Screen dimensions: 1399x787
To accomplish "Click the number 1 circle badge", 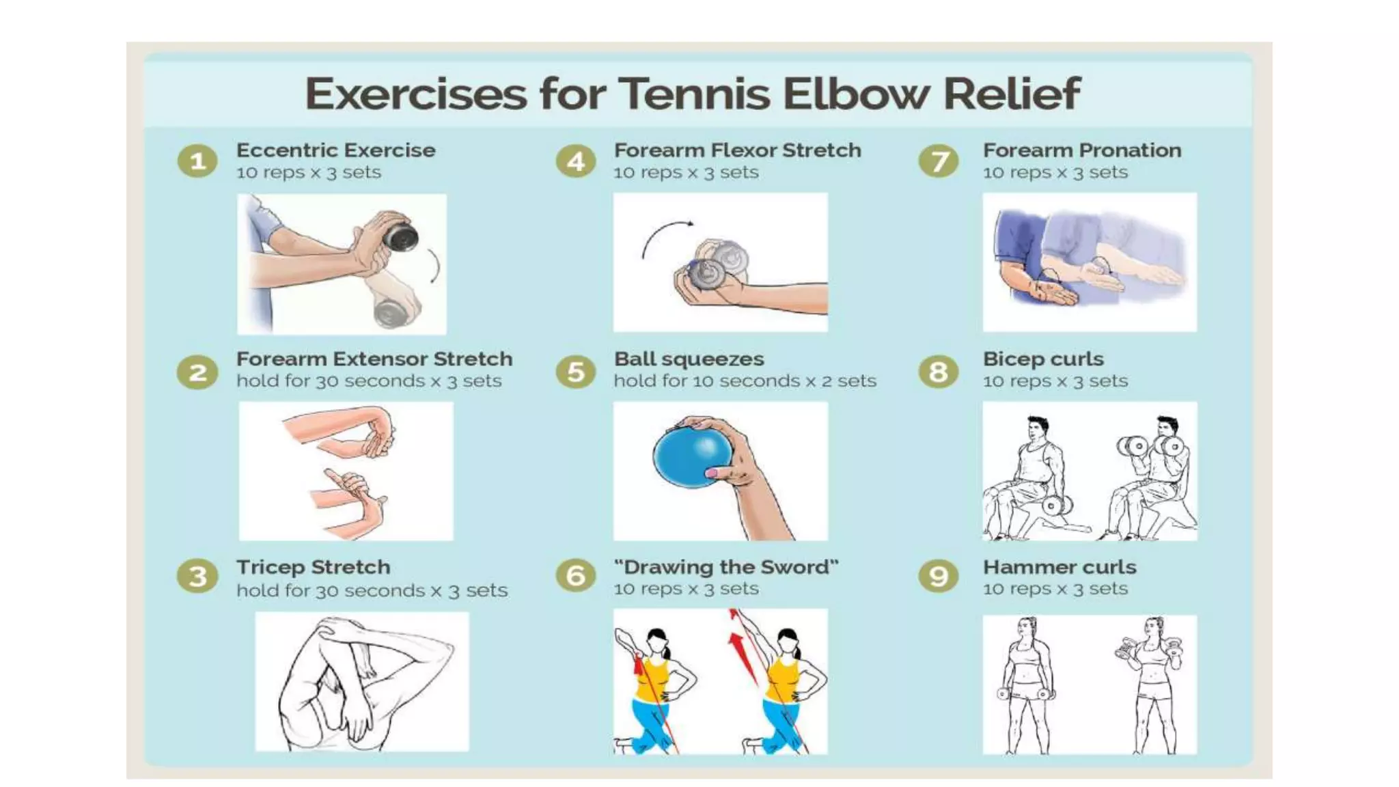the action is (x=198, y=161).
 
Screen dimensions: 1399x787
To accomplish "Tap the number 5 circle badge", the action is (x=576, y=372).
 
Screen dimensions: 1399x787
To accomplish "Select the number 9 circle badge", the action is (x=939, y=577).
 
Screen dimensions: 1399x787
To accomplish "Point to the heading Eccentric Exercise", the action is (x=336, y=150).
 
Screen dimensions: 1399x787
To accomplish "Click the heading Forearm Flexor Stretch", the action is (x=738, y=150).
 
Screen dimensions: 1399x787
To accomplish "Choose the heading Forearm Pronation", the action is (x=1082, y=150).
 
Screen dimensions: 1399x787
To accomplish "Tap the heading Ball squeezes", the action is (x=689, y=359).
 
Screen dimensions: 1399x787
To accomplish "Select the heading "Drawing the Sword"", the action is (x=726, y=567).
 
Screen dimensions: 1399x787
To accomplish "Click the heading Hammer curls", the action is (x=1059, y=567).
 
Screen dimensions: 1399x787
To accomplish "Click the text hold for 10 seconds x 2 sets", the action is (x=745, y=381).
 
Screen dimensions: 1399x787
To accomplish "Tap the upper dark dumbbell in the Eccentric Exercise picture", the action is (x=400, y=236).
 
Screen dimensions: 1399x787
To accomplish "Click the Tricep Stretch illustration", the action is (x=362, y=681).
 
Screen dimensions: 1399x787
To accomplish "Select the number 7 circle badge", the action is (x=939, y=161).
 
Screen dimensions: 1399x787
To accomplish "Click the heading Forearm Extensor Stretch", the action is (x=374, y=359).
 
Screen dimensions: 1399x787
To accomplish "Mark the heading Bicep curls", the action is (x=1043, y=359).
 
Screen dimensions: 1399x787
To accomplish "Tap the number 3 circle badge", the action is (x=198, y=577).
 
